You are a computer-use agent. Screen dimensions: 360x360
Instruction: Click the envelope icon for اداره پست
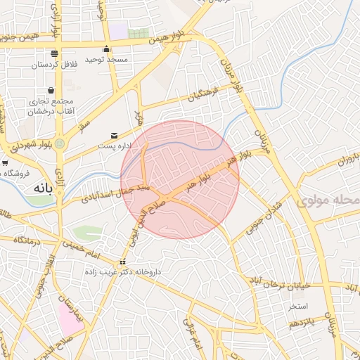coord(114,136)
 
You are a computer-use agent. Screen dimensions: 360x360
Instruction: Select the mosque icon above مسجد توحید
coord(106,49)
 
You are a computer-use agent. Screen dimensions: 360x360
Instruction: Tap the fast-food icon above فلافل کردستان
coord(54,54)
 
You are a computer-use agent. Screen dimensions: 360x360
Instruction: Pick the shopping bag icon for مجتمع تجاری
coord(51,90)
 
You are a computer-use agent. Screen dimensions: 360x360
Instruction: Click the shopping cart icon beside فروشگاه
coord(5,163)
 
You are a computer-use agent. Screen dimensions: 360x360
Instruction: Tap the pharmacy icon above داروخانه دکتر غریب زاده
coord(123,262)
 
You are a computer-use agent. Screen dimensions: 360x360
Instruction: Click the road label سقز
coord(86,125)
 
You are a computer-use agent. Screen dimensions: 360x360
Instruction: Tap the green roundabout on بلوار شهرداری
coord(60,144)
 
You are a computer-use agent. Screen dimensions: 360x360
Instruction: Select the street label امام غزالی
coord(192,331)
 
